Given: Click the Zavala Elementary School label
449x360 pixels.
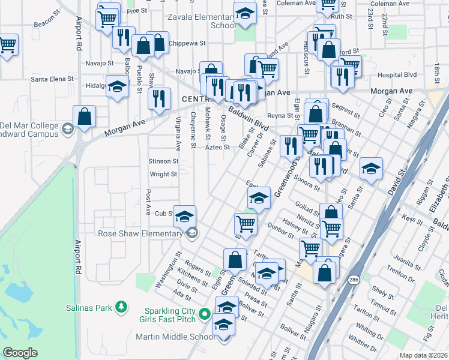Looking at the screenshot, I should pyautogui.click(x=202, y=21).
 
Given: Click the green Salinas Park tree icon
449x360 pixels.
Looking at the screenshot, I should pyautogui.click(x=122, y=307).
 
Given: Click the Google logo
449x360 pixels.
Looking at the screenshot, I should pyautogui.click(x=20, y=353).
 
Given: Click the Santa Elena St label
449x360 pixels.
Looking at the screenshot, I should pyautogui.click(x=52, y=79).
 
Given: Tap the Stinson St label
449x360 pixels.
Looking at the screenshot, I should pyautogui.click(x=163, y=161).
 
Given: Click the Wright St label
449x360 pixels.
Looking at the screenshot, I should pyautogui.click(x=163, y=174).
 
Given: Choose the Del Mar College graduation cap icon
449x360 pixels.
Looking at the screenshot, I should pyautogui.click(x=68, y=128).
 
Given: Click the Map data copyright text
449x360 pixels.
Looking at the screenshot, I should pyautogui.click(x=424, y=355).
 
